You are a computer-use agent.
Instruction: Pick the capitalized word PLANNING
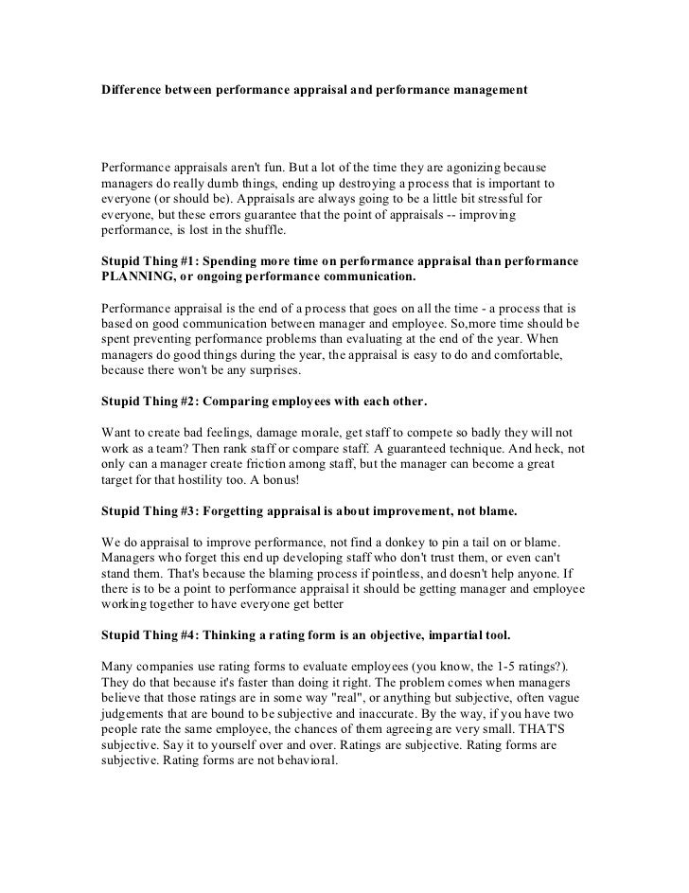coord(138,277)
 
